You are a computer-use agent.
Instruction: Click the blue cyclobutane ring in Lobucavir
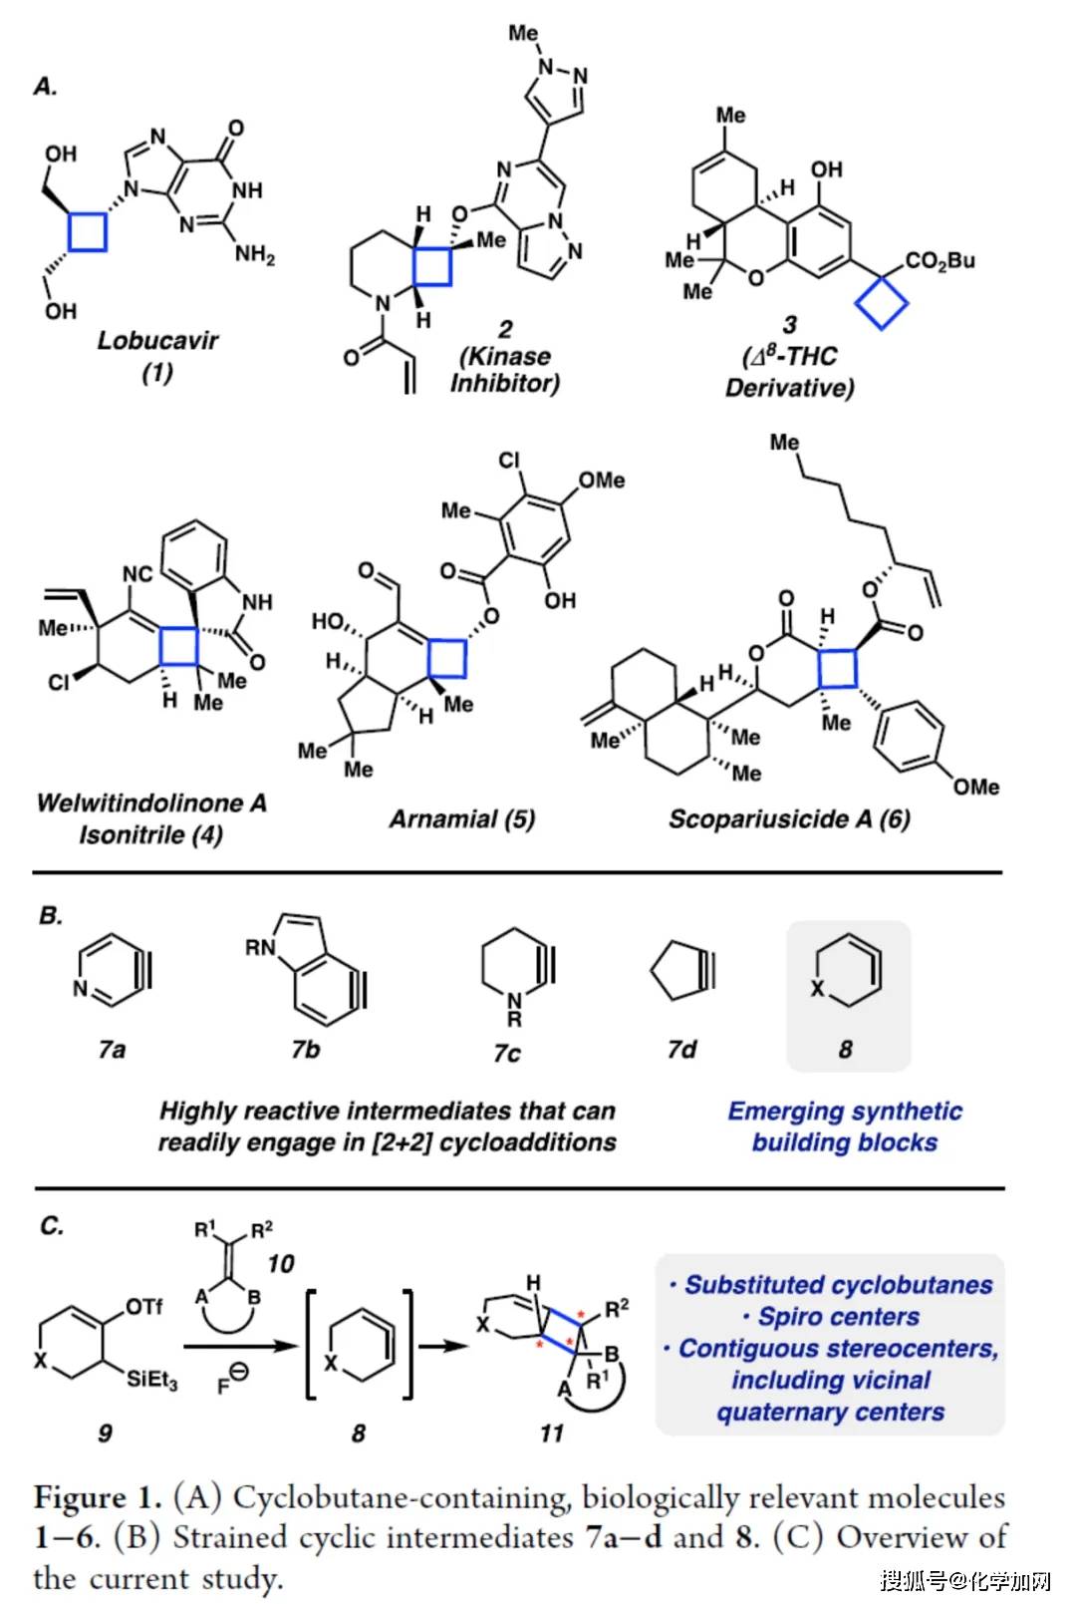(88, 231)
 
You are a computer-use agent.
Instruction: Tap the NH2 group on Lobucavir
(255, 254)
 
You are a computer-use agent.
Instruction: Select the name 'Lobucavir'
(157, 340)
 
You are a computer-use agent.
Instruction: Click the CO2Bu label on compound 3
(940, 261)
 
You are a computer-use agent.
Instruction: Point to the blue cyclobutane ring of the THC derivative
(882, 302)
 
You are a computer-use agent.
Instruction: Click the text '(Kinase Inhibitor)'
(505, 370)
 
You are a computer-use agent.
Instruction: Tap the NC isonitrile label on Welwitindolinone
(137, 574)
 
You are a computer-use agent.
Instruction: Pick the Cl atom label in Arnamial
(509, 461)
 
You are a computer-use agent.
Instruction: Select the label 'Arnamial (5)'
(462, 819)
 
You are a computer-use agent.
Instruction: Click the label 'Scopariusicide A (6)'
(789, 819)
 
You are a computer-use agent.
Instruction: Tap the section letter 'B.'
(51, 915)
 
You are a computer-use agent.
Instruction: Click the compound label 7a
(113, 1049)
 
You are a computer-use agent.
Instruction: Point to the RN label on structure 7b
(260, 947)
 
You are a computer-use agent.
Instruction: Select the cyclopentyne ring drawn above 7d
(677, 969)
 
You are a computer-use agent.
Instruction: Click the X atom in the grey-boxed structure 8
(817, 988)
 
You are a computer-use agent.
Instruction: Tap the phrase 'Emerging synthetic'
(845, 1111)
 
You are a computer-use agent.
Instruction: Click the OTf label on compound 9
(144, 1306)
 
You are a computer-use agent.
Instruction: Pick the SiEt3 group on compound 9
(151, 1380)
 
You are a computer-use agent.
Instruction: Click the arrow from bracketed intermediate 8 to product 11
(442, 1346)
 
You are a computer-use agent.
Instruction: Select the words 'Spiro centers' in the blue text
(838, 1317)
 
